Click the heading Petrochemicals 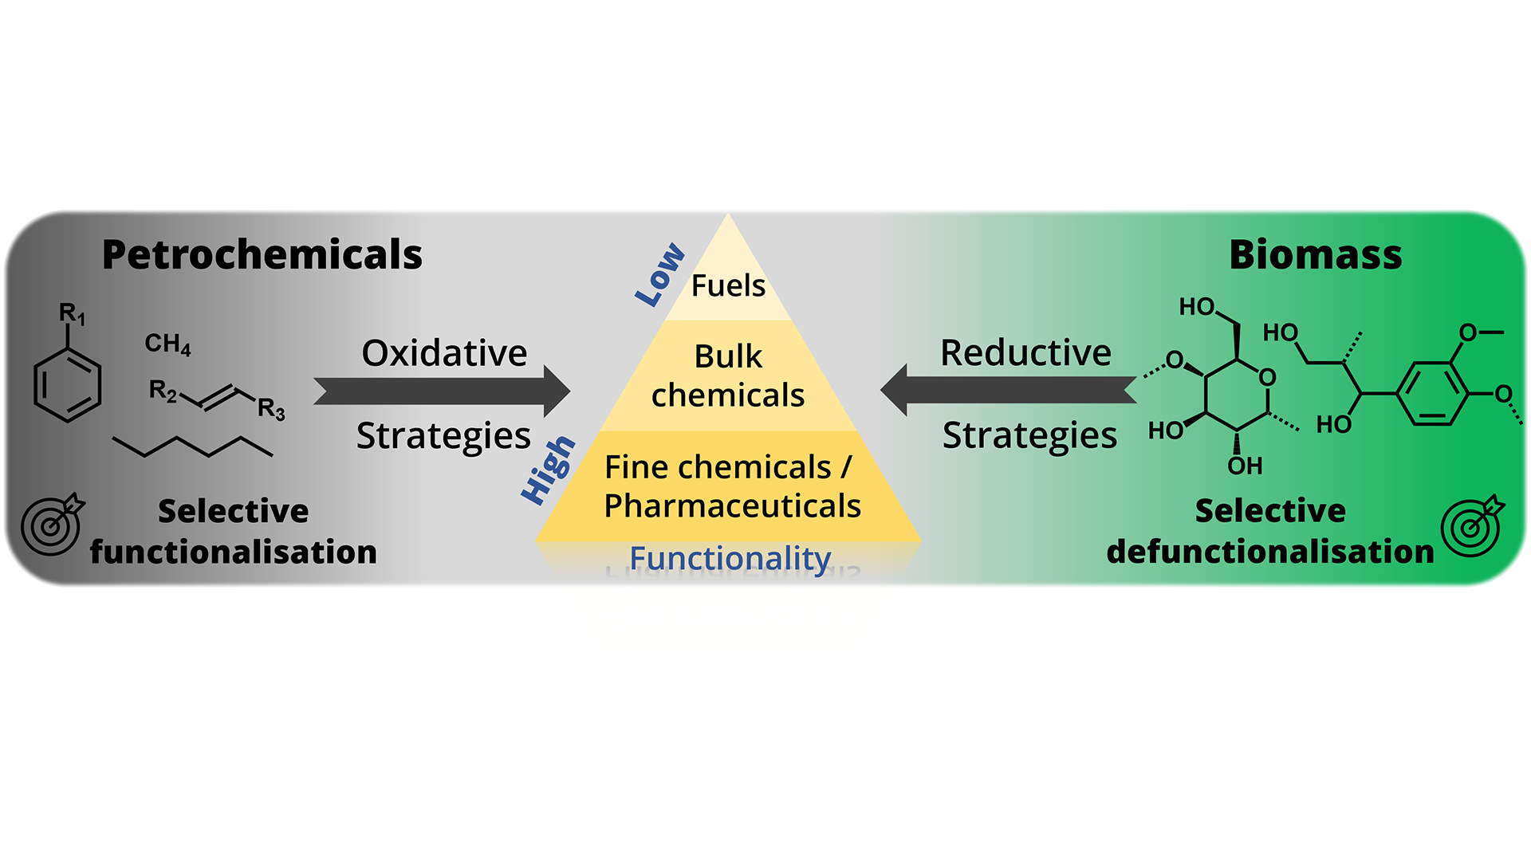pos(262,255)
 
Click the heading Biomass pos(1315,255)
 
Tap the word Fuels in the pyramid pos(728,285)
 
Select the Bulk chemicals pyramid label pos(728,375)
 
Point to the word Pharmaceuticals pos(732,505)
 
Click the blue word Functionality pos(730,558)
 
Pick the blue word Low pos(659,274)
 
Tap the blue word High pos(548,470)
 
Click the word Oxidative pos(444,353)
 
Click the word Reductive pos(1025,352)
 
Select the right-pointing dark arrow pos(443,391)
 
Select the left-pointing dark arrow pos(1008,390)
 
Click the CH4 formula pos(167,344)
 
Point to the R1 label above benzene pos(72,314)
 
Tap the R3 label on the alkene pos(271,409)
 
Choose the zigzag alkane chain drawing pos(193,446)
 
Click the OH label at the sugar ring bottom pos(1245,466)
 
